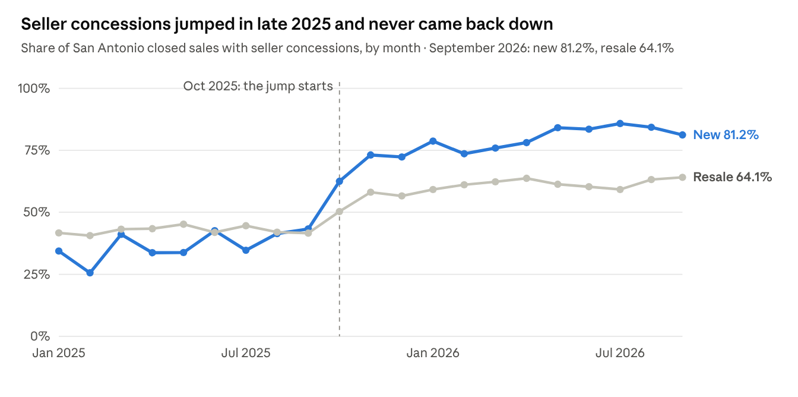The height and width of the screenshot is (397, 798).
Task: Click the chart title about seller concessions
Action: pyautogui.click(x=287, y=24)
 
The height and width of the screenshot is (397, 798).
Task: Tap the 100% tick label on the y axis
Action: pyautogui.click(x=34, y=89)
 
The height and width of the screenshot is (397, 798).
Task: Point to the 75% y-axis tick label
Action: pyautogui.click(x=37, y=150)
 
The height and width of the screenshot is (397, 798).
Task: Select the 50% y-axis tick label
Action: pyautogui.click(x=37, y=213)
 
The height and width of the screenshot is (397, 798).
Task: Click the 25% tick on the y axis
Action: pyautogui.click(x=37, y=275)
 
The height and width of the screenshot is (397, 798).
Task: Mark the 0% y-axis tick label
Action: pyautogui.click(x=40, y=336)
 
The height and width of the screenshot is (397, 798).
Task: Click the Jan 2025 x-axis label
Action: pyautogui.click(x=59, y=353)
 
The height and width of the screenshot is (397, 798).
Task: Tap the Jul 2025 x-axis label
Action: pyautogui.click(x=246, y=353)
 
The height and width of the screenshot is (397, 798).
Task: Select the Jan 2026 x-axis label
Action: pyautogui.click(x=433, y=353)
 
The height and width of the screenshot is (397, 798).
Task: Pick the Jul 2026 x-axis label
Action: pyautogui.click(x=620, y=353)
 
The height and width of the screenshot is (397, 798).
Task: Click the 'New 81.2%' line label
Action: pyautogui.click(x=726, y=135)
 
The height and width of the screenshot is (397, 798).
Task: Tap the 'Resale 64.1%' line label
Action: pyautogui.click(x=733, y=177)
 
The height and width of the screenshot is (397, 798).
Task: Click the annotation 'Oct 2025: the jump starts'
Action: pyautogui.click(x=258, y=86)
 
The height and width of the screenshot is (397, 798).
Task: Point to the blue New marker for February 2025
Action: pyautogui.click(x=90, y=273)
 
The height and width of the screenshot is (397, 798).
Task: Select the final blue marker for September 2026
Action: pyautogui.click(x=683, y=135)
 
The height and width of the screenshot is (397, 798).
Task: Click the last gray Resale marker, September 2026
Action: pyautogui.click(x=683, y=177)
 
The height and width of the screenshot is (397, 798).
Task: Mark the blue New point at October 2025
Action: pyautogui.click(x=340, y=181)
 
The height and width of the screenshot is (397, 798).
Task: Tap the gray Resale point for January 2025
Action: pyautogui.click(x=59, y=233)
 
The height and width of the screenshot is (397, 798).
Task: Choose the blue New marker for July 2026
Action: pyautogui.click(x=620, y=124)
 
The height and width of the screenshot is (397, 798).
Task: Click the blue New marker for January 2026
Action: pyautogui.click(x=433, y=141)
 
